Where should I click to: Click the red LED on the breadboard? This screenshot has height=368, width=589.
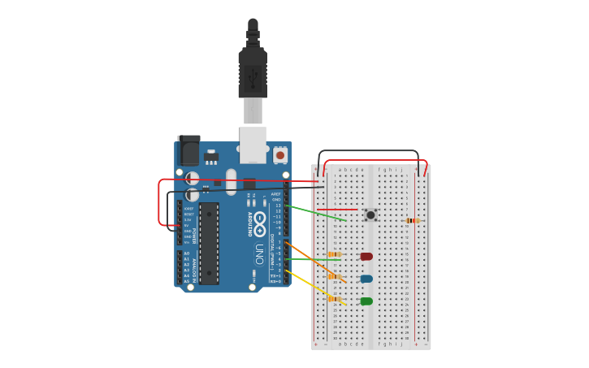coord(366,257)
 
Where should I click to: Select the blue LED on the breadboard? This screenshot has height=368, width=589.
coord(366,279)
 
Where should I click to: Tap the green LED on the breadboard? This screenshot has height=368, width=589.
coord(366,301)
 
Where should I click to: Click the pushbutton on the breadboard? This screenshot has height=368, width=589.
coord(370,214)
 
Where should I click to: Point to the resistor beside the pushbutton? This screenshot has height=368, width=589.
coord(413,220)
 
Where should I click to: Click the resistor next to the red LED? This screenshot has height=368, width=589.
coord(334,254)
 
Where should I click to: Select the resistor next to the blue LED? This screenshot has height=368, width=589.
coord(334,276)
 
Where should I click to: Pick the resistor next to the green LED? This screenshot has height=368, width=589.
coord(334,299)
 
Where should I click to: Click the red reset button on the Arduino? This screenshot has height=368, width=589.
coord(280,154)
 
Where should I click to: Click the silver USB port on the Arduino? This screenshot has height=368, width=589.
coord(253,144)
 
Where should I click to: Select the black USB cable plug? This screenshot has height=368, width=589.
coord(253,73)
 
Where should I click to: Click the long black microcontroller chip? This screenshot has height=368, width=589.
coord(209,243)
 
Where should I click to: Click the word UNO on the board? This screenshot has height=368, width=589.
coord(258,253)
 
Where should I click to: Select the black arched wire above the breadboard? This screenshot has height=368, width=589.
coord(368,151)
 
